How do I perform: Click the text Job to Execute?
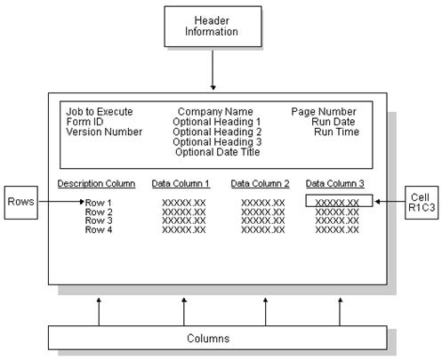click(x=100, y=112)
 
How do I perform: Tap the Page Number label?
click(x=324, y=112)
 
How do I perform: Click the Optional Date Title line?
click(x=217, y=152)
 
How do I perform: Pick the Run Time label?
click(x=334, y=132)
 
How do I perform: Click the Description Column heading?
click(x=96, y=184)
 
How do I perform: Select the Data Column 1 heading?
click(x=181, y=184)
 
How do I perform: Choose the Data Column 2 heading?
click(x=261, y=184)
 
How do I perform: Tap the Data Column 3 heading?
click(x=335, y=184)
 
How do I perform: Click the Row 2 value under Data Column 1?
click(x=184, y=212)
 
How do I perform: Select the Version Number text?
click(x=104, y=132)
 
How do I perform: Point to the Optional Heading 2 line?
click(x=216, y=132)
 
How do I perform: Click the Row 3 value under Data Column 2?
click(x=262, y=221)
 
